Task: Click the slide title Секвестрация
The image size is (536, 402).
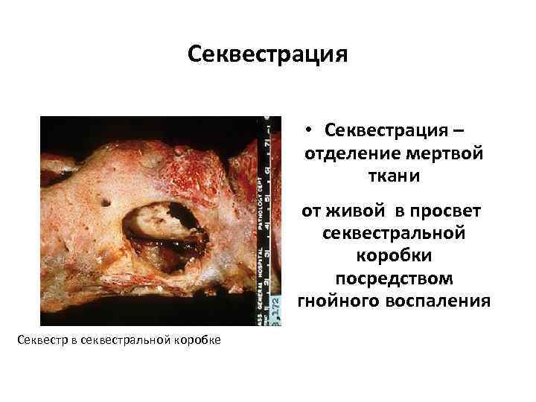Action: click(x=268, y=55)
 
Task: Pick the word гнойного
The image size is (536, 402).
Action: click(x=338, y=301)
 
